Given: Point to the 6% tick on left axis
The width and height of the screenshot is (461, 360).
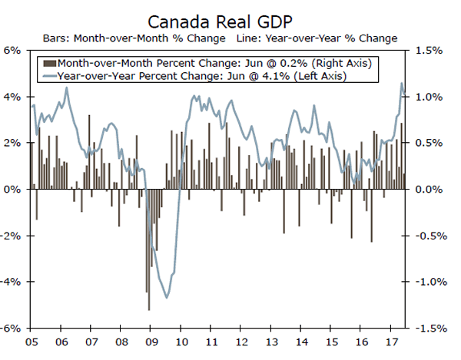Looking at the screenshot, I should point(14,51).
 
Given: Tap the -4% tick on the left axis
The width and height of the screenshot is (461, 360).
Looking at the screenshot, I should point(12,282).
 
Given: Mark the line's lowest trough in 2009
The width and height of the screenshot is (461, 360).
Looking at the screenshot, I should point(167,299).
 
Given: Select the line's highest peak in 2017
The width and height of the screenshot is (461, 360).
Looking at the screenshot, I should point(401,84).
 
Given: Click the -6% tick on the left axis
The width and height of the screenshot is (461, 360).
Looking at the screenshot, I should point(12,328).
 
